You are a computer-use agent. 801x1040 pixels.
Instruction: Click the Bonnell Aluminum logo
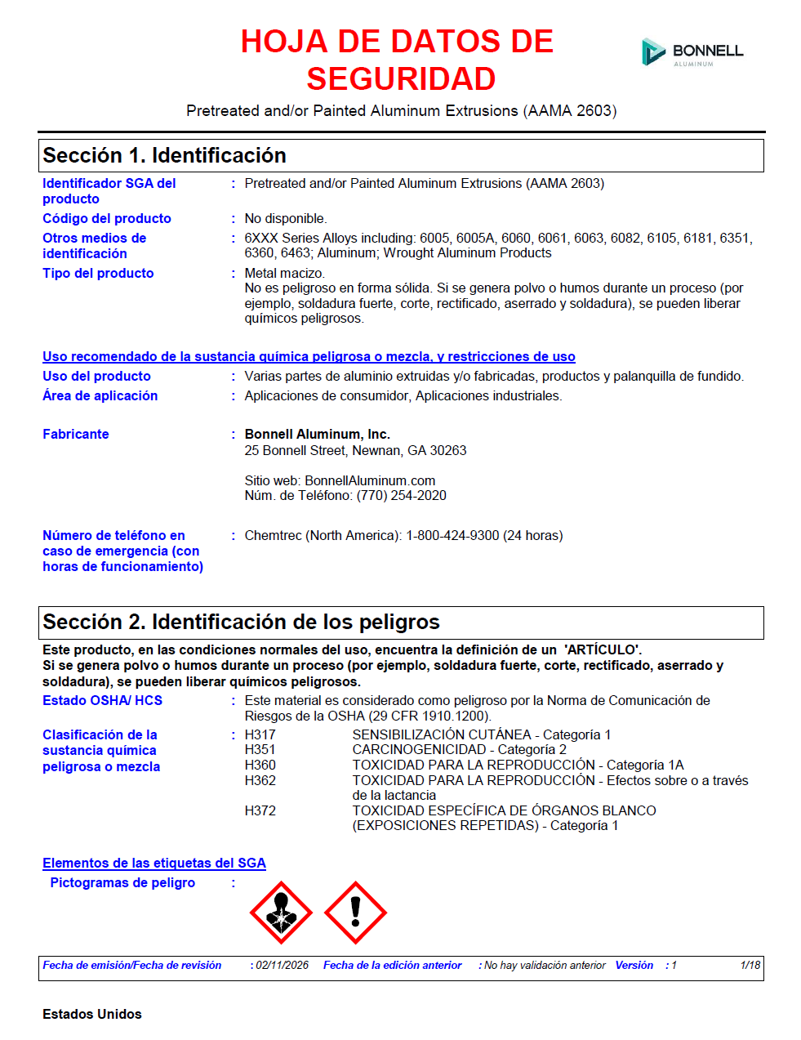click(x=692, y=52)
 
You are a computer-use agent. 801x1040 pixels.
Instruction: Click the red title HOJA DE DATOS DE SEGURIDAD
click(x=398, y=60)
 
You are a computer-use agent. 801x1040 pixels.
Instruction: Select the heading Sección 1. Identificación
click(x=164, y=155)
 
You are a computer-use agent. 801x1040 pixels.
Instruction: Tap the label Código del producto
click(x=107, y=218)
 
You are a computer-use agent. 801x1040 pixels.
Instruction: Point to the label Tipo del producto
click(x=98, y=273)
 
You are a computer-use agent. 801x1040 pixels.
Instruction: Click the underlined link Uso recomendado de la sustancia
click(x=309, y=356)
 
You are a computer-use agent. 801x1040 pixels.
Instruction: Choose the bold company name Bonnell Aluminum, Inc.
click(x=317, y=434)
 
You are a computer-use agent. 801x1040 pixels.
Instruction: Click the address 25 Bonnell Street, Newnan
click(x=355, y=450)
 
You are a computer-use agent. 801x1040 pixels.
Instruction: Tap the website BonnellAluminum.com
click(x=370, y=480)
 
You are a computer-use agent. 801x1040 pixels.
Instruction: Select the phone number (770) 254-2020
click(x=401, y=495)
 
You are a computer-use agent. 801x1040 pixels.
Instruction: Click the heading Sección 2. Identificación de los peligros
click(x=241, y=622)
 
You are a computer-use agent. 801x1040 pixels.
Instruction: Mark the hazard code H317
click(x=260, y=734)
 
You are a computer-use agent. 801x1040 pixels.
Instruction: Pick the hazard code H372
click(x=260, y=810)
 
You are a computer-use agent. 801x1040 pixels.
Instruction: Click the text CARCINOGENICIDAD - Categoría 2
click(x=459, y=749)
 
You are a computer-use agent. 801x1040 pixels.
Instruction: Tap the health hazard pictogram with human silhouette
click(x=281, y=913)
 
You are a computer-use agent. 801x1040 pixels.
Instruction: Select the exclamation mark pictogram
click(x=355, y=913)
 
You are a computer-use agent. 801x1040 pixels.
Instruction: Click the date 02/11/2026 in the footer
click(x=283, y=965)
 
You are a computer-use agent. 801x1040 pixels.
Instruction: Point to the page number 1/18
click(x=750, y=965)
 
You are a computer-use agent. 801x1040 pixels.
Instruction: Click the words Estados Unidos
click(x=92, y=1014)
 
